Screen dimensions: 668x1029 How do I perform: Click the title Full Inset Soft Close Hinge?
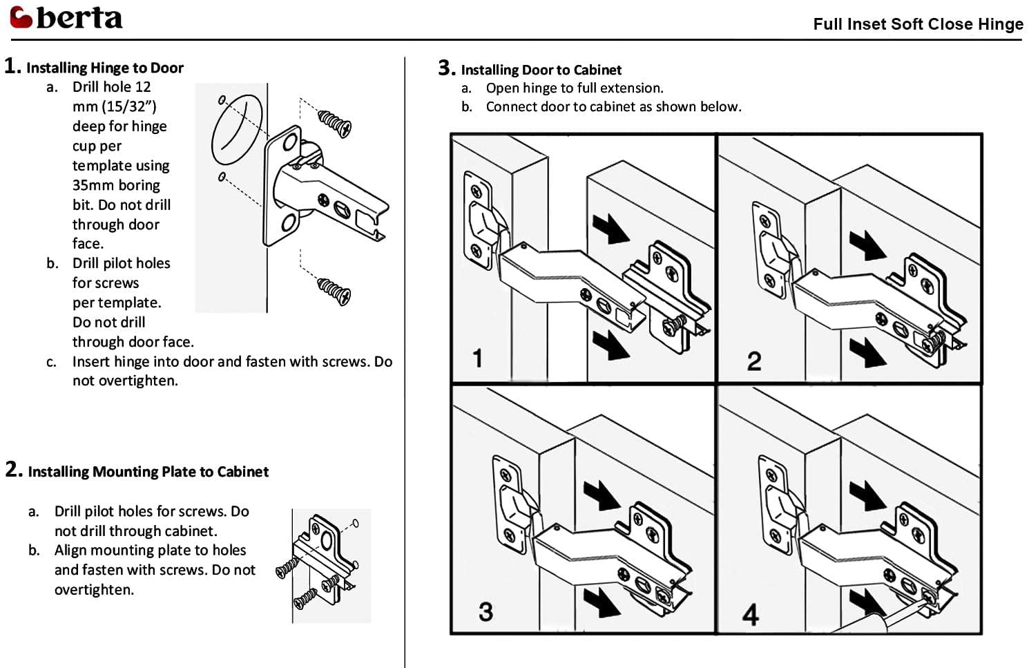[917, 24]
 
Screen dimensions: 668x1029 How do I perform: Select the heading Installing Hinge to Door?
[104, 68]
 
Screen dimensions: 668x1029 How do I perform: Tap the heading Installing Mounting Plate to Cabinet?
[148, 472]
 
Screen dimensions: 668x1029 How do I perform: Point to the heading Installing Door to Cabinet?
[541, 70]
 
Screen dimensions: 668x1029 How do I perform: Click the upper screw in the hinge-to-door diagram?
[335, 122]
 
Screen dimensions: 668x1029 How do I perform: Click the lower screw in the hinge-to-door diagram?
[335, 291]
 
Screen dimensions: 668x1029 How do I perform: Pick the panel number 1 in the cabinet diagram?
[477, 359]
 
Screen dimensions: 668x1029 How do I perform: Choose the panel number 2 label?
[754, 361]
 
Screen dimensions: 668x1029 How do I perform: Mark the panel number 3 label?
[485, 611]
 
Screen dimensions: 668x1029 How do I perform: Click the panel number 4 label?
[751, 614]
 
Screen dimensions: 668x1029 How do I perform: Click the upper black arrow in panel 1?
[610, 229]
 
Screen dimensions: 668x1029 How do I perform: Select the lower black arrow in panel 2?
[867, 352]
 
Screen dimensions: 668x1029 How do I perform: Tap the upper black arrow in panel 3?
[601, 495]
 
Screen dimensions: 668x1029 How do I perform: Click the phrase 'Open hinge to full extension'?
[574, 88]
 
